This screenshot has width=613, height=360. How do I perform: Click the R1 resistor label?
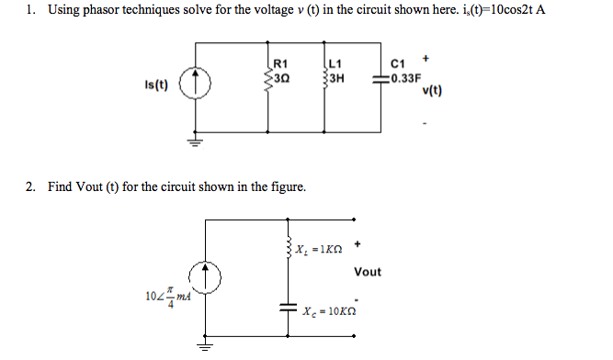(280, 64)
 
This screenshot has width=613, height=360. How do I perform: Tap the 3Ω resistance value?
(281, 77)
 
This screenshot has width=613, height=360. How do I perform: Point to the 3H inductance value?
(335, 77)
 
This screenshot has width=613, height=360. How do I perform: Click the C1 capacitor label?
(398, 64)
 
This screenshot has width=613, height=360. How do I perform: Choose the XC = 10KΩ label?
(328, 312)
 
